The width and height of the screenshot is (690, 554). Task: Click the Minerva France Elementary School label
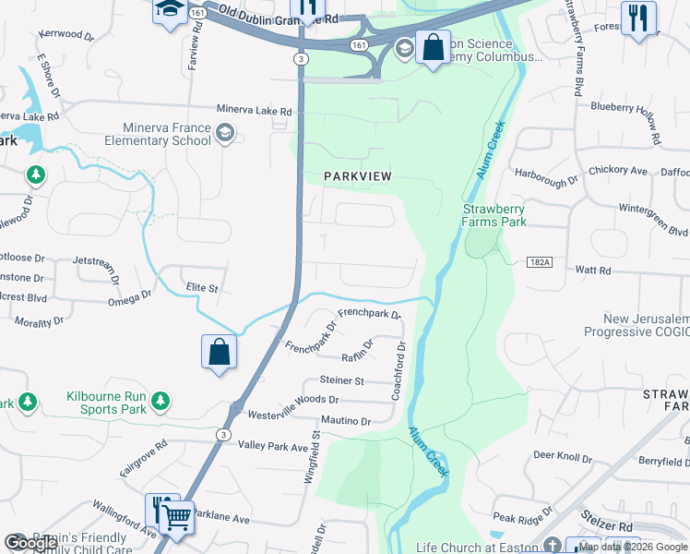pos(166,134)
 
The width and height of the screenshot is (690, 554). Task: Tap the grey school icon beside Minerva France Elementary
pos(224,135)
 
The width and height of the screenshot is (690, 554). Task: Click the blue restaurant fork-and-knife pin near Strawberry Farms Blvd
pos(637,18)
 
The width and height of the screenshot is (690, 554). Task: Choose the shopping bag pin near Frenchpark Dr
pos(219,353)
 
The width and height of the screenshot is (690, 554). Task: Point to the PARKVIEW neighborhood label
pos(357,176)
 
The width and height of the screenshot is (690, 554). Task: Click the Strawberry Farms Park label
pos(494,215)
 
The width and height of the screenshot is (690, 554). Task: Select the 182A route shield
pos(541,263)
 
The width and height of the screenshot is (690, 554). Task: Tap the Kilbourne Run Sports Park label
pos(107,402)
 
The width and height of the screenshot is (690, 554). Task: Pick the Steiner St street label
pos(342,379)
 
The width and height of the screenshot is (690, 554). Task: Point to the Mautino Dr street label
pos(346,421)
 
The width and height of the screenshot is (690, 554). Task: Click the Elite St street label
pos(201,288)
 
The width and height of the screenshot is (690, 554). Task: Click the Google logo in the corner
pos(31,543)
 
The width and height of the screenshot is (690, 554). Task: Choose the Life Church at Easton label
pos(476,547)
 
